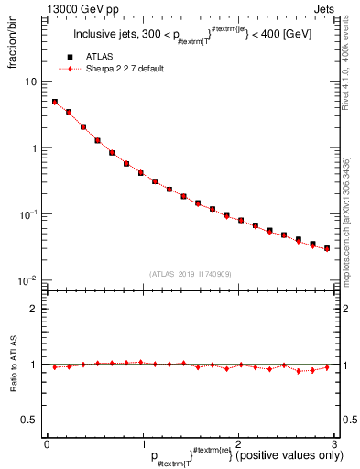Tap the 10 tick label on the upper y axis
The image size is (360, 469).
pyautogui.click(x=30, y=82)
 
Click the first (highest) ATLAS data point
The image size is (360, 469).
pyautogui.click(x=55, y=102)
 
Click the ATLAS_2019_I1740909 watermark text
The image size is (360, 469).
pyautogui.click(x=190, y=274)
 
